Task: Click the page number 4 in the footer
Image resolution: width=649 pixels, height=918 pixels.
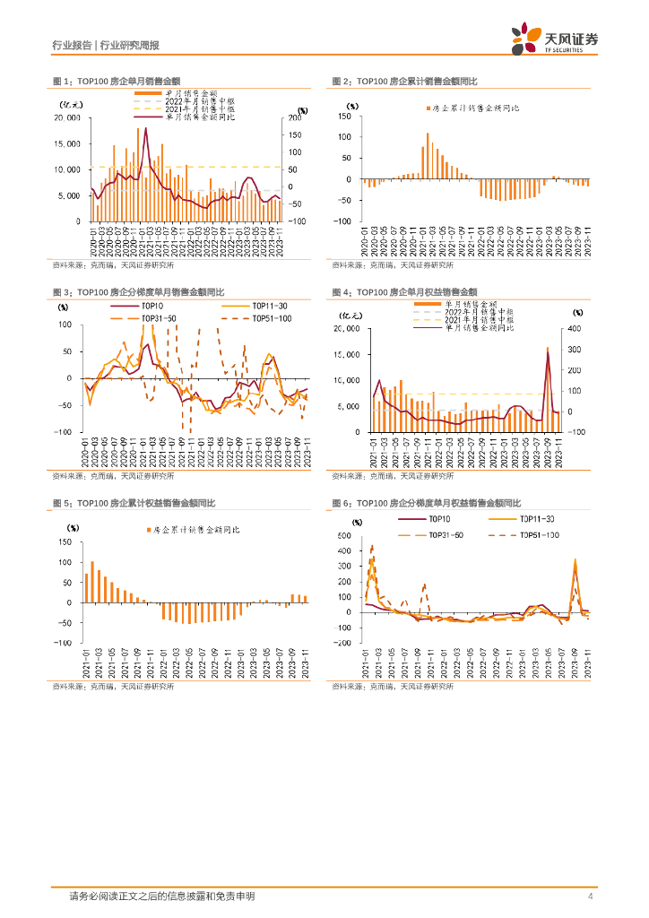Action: (x=590, y=896)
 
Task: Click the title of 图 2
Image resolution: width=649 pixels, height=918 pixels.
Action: (x=404, y=82)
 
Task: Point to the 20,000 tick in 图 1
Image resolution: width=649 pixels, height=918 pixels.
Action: (x=68, y=118)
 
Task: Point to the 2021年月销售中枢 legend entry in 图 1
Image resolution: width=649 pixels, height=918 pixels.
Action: (x=198, y=108)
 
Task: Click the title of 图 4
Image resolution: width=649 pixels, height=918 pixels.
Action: (x=404, y=292)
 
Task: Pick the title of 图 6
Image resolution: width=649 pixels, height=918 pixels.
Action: (x=426, y=503)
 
